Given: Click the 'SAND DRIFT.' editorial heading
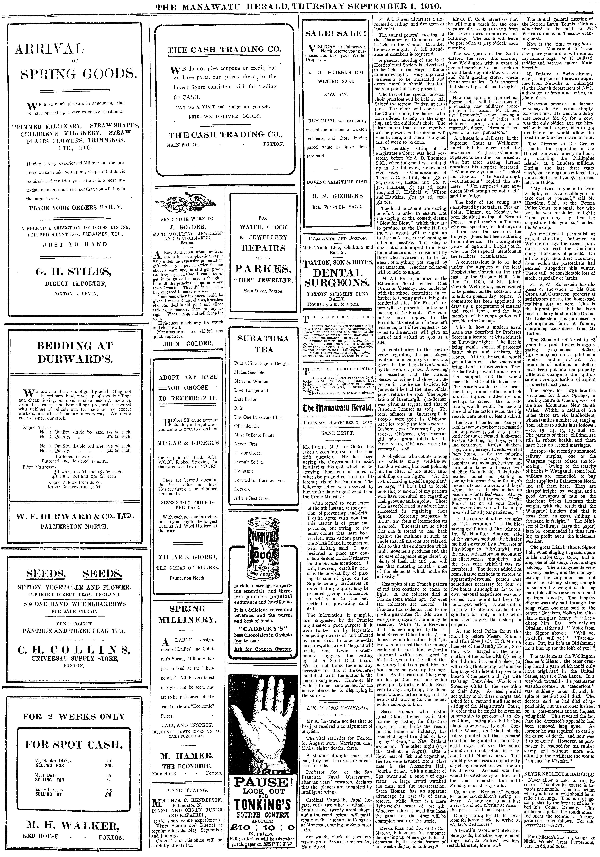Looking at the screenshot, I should [x=337, y=434].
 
